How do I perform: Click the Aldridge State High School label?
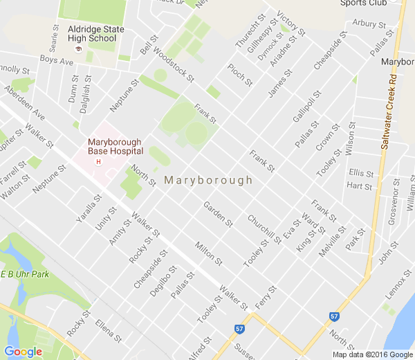click(97, 34)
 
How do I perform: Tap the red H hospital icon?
click(98, 162)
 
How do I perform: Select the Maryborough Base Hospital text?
click(115, 146)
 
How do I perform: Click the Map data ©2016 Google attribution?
click(371, 354)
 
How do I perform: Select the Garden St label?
click(217, 214)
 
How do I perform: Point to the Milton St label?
click(209, 253)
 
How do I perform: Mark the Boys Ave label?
click(56, 61)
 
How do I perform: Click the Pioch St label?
click(240, 75)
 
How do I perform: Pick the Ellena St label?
click(109, 331)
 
